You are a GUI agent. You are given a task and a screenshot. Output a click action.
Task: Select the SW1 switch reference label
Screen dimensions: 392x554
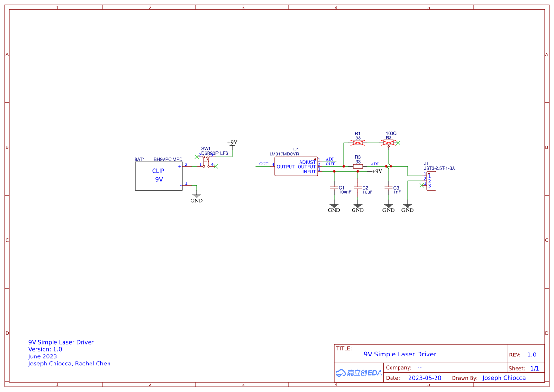[206, 148]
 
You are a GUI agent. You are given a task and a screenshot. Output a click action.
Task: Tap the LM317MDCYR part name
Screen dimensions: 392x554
[284, 154]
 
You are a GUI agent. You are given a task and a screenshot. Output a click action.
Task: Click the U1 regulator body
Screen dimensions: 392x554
[296, 166]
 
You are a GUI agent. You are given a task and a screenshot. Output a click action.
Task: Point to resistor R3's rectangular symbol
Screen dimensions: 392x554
[358, 166]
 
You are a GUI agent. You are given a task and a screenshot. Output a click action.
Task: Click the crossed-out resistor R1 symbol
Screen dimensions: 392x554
[358, 143]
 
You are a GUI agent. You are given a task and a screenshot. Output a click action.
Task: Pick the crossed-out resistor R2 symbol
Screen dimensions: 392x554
[389, 143]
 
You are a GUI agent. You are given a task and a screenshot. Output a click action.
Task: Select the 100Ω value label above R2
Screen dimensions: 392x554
[391, 134]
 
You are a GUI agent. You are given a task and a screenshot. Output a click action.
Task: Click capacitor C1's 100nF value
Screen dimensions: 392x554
[345, 192]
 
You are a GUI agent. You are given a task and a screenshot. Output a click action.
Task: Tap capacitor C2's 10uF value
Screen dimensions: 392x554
[367, 192]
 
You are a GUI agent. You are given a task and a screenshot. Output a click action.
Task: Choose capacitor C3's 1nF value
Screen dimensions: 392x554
[397, 192]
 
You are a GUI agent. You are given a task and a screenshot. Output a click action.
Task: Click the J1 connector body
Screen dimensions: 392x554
[431, 181]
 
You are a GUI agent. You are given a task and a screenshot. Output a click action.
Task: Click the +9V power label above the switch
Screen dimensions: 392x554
[232, 142]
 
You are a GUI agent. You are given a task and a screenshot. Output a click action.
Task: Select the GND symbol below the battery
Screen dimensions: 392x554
[196, 198]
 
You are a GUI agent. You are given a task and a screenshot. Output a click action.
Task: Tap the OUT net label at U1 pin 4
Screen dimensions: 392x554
[263, 164]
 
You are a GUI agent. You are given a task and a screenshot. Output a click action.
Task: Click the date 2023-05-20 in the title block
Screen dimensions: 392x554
[425, 378]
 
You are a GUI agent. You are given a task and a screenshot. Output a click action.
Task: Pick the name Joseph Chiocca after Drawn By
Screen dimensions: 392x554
[504, 378]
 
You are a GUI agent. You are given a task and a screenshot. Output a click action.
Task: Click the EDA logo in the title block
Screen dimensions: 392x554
[358, 373]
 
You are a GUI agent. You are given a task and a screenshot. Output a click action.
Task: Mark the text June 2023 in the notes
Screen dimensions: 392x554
[43, 356]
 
